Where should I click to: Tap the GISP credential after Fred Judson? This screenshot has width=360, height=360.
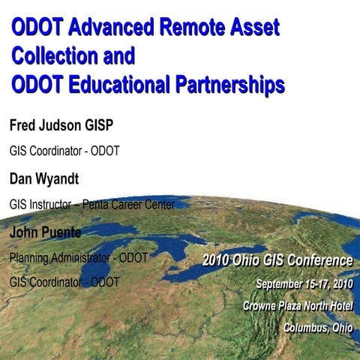coord(112,123)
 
